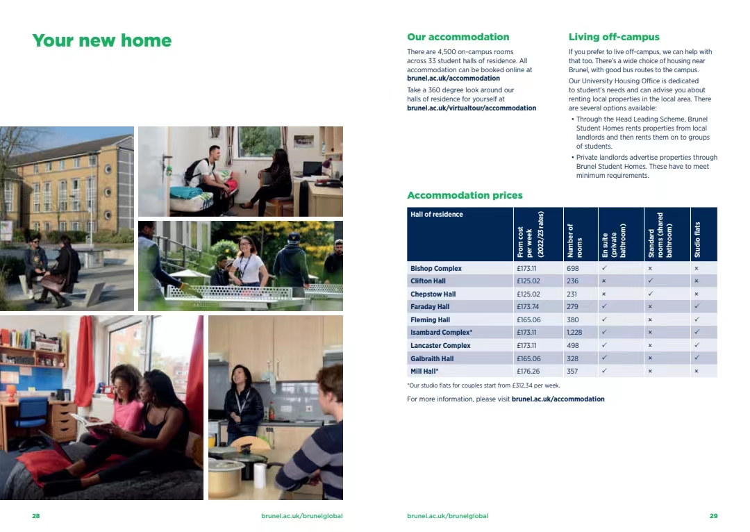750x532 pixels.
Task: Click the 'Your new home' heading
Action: coord(101,41)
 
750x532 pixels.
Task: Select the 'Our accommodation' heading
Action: coord(458,38)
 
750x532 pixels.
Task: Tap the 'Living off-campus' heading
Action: coord(614,38)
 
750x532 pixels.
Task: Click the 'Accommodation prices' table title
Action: coord(465,196)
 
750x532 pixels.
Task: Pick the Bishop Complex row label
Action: coord(435,269)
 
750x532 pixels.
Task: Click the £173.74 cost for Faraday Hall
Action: coord(528,307)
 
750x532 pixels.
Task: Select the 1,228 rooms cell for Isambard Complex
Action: coord(574,333)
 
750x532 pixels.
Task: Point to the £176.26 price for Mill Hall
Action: coord(528,372)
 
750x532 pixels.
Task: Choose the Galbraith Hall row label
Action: coord(432,358)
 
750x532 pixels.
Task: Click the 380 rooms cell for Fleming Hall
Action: coord(572,320)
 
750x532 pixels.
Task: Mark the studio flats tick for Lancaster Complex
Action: coord(696,345)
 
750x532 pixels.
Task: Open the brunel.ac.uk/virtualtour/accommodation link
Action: coord(472,108)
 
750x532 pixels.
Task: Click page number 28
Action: coord(36,516)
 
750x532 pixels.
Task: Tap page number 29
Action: coord(713,516)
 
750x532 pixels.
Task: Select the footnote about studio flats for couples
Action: coord(483,385)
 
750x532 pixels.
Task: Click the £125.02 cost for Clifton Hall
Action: coord(528,281)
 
